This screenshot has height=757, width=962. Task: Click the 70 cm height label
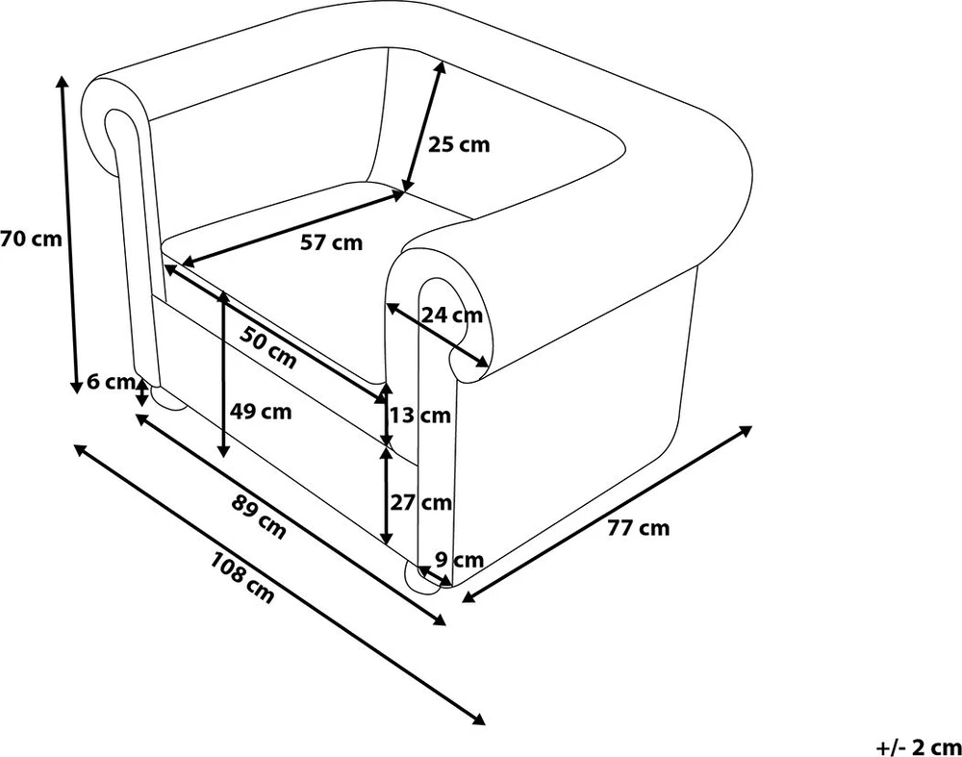[x=32, y=239]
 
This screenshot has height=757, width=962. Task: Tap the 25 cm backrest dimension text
[x=459, y=145]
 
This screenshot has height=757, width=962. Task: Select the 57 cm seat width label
[x=331, y=242]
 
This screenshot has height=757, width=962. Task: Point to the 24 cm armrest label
[x=452, y=315]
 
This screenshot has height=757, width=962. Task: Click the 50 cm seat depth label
[x=268, y=347]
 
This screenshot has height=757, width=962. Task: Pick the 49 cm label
[x=261, y=411]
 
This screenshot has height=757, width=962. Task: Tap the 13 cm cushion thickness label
[x=421, y=416]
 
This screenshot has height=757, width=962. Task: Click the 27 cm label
[x=421, y=502]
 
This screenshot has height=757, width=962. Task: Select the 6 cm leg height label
[x=111, y=382]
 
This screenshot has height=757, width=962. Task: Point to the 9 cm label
[x=460, y=560]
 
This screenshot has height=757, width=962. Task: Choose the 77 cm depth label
[x=639, y=527]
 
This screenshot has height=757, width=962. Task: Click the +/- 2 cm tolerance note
[x=918, y=747]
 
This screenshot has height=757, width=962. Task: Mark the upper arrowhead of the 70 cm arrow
[x=62, y=82]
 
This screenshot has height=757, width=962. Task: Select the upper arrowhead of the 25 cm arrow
[x=440, y=67]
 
